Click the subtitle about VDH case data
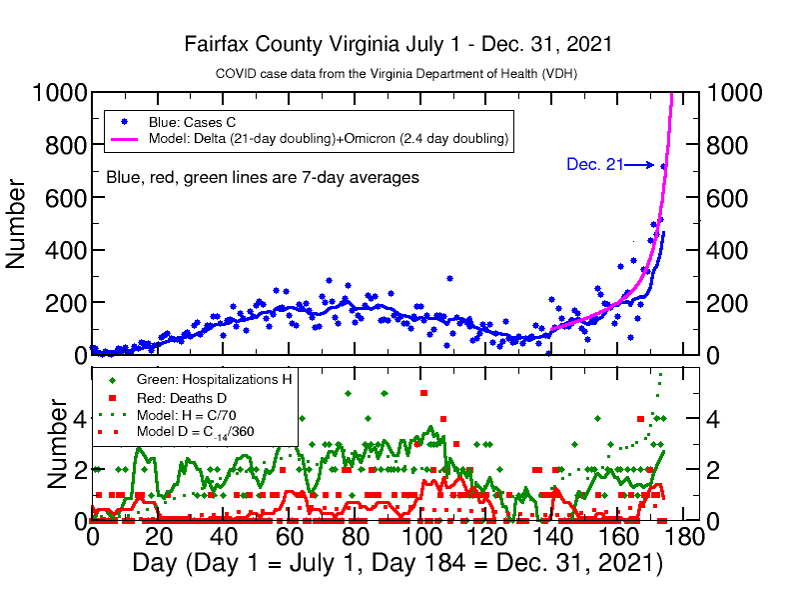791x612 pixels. [x=396, y=74]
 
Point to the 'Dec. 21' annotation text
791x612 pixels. [x=595, y=164]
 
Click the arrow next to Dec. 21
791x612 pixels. [x=640, y=165]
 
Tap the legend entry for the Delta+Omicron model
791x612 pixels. [x=330, y=138]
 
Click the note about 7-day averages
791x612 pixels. [x=263, y=177]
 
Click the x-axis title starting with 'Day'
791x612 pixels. [x=397, y=563]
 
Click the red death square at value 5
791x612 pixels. [x=423, y=393]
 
